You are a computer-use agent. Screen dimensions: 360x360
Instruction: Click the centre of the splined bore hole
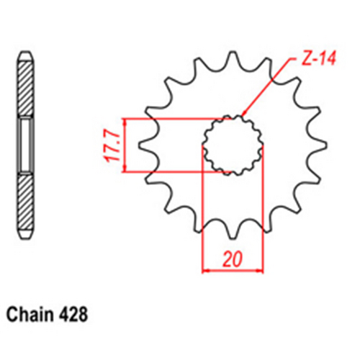pos(233,145)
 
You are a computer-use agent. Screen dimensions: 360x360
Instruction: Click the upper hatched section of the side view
pos(26,89)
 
